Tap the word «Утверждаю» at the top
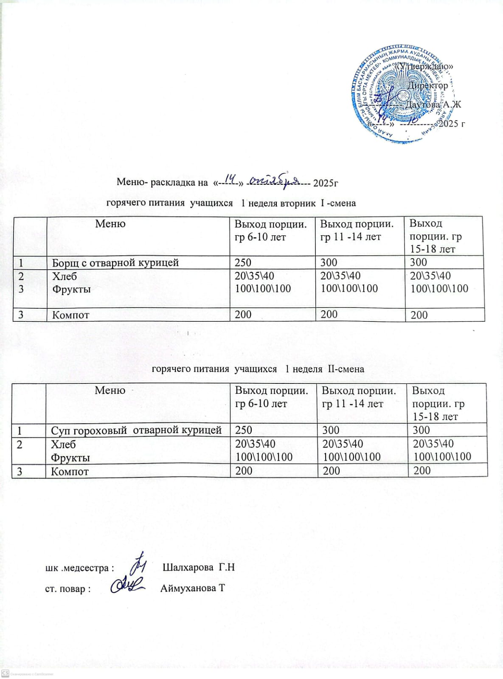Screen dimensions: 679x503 click(424, 67)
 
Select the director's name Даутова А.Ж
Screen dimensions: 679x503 click(433, 104)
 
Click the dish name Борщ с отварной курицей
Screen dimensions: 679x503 click(115, 263)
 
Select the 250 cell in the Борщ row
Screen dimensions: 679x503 click(243, 262)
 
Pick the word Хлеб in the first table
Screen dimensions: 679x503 click(65, 276)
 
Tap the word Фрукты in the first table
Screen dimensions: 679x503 click(71, 290)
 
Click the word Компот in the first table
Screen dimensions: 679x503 click(70, 315)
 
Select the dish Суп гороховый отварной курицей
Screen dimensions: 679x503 click(136, 430)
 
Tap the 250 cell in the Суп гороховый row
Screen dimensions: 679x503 click(244, 430)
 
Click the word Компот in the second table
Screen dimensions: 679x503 click(70, 471)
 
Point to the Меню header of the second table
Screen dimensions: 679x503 click(110, 390)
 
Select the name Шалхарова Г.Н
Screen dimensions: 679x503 click(199, 568)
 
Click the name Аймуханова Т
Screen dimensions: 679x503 click(193, 589)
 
